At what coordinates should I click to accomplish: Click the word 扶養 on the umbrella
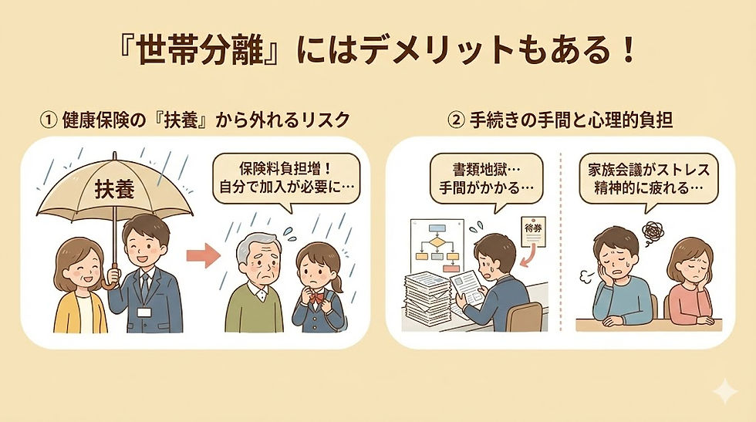pos(114,191)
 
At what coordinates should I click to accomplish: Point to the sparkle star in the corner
pos(724,393)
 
